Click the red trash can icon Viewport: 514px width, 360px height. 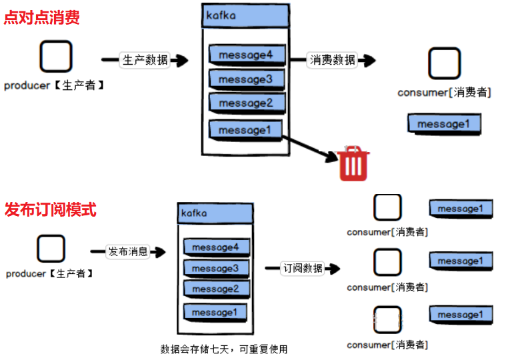point(353,165)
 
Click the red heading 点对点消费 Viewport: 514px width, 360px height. point(41,18)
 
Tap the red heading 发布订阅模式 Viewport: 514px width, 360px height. point(50,210)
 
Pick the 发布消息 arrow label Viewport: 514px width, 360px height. point(127,252)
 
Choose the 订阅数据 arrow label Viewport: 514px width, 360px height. point(303,268)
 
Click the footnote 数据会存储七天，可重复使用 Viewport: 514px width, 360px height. point(224,349)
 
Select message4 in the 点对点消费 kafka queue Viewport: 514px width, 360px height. point(246,55)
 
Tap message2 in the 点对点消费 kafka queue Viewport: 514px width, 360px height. point(246,103)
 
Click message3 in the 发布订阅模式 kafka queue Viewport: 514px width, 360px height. point(215,269)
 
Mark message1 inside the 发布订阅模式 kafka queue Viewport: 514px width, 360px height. point(215,312)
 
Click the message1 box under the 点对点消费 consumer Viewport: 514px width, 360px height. point(444,125)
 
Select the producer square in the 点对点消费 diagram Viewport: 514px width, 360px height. point(55,57)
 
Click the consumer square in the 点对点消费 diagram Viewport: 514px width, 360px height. point(444,64)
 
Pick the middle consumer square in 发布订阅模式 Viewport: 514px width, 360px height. point(387,262)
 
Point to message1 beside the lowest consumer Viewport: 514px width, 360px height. point(461,315)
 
